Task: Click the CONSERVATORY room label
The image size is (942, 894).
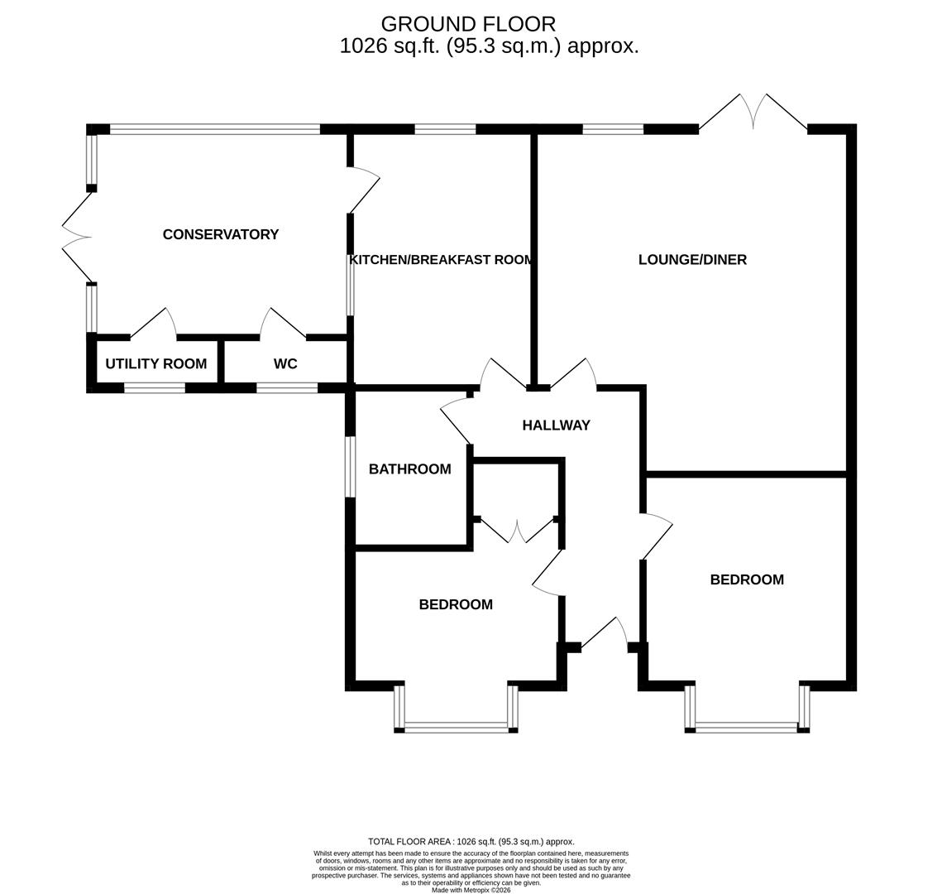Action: [221, 234]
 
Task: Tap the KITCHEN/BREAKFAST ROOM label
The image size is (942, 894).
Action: [441, 260]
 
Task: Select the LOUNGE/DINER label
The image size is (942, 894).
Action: [692, 260]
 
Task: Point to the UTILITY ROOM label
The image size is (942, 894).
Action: [156, 363]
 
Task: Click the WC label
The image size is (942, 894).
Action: [285, 363]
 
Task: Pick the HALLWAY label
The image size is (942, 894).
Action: [557, 425]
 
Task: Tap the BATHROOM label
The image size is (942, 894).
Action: [409, 469]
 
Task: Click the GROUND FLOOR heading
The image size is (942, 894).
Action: [469, 24]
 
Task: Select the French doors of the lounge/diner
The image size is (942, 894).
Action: [753, 112]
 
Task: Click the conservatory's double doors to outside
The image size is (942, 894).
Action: [78, 236]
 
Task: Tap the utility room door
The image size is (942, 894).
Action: [154, 324]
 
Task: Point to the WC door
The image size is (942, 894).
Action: [283, 324]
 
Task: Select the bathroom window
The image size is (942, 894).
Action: [350, 467]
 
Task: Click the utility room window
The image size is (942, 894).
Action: [155, 388]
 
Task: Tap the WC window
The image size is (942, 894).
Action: [286, 388]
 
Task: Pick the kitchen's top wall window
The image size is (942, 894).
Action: [445, 128]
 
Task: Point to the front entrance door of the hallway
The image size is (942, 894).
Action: [605, 632]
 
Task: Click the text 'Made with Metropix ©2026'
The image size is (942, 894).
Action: [471, 891]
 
